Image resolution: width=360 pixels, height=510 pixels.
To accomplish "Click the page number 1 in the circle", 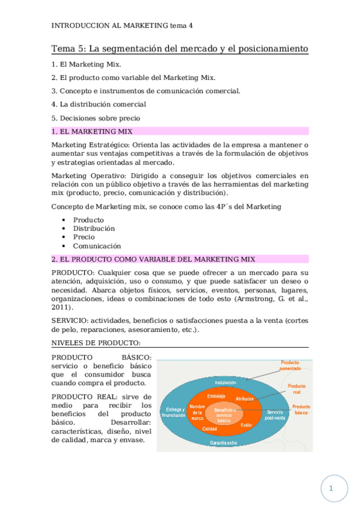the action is (331, 489).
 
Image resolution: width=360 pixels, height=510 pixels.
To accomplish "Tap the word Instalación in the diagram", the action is (226, 382).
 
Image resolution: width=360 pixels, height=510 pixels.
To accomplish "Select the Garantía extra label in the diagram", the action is (222, 443).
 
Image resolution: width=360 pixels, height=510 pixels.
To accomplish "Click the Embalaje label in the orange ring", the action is (216, 396).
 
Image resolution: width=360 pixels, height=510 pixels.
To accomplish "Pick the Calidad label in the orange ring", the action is (210, 429).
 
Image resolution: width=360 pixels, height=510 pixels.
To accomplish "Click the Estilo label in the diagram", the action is (246, 425).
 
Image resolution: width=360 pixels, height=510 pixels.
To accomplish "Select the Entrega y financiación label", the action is (175, 413).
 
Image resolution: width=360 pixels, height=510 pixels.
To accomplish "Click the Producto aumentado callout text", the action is (290, 366).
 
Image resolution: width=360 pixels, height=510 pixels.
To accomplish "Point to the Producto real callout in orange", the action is (296, 389).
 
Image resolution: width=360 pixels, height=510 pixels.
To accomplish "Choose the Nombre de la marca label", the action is (198, 413).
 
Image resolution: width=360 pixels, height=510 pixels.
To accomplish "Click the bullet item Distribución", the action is (94, 229).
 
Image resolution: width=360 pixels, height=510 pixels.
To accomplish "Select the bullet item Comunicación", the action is (97, 246).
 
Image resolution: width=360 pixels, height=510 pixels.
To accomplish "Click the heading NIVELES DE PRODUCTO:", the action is (96, 343).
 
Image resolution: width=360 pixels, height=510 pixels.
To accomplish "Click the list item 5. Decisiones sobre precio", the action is (96, 118).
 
